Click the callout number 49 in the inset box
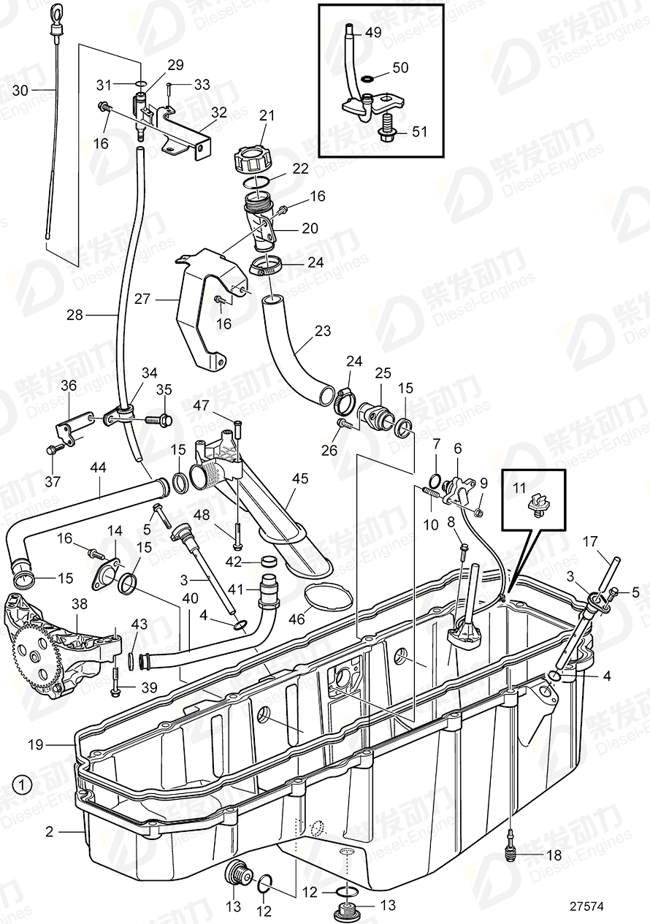point(373,32)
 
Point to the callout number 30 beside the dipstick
point(22,91)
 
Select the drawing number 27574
point(587,906)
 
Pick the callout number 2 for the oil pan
point(50,831)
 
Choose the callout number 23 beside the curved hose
point(322,332)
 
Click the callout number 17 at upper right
point(589,541)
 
